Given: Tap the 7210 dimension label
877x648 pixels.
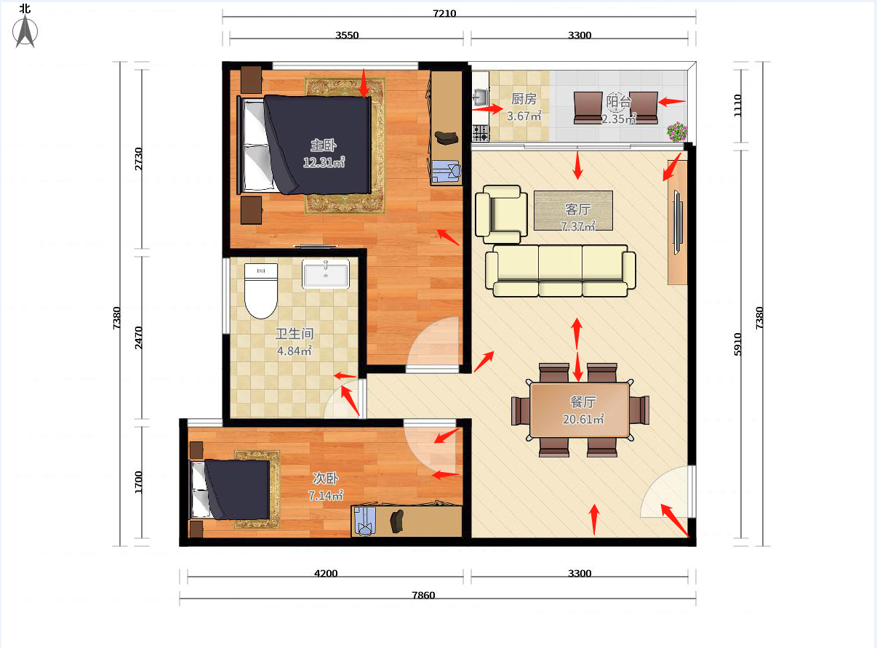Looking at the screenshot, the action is point(444,13).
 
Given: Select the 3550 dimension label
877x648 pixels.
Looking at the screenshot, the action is point(347,35).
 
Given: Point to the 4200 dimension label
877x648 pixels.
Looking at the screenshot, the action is point(326,573).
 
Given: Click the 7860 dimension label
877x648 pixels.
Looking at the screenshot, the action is point(423,595).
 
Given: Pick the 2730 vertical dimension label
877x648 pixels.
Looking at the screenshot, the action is point(138,159).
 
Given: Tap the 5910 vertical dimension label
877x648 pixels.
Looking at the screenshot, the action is point(738,344).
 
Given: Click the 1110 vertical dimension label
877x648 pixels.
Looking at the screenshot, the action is point(738,105).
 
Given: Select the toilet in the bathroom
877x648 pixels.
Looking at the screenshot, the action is point(261,291).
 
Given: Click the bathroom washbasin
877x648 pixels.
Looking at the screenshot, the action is point(326,273).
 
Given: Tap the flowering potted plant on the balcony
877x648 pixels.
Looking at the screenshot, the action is point(677,132).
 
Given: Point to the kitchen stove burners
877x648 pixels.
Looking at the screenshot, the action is point(481,133).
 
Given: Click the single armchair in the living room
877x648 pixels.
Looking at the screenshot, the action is point(501,215).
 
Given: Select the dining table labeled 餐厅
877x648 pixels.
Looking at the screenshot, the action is point(580,410).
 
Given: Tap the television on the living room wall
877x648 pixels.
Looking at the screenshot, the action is point(678,223).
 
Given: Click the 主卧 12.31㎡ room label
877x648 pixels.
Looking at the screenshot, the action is point(324,154).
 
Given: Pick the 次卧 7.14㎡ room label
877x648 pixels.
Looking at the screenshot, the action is point(325,487).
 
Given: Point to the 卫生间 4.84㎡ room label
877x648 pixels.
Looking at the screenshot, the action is point(295,343).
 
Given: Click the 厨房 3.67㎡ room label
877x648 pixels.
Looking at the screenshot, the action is point(524,107).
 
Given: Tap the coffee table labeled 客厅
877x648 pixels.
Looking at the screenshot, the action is point(573,210).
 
